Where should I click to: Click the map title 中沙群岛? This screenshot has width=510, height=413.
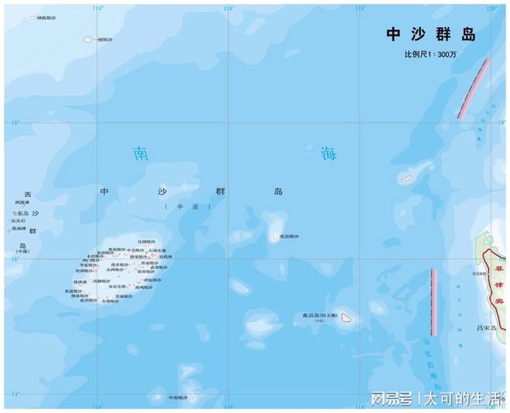click(x=430, y=35)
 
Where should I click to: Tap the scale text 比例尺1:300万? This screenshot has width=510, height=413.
click(x=436, y=55)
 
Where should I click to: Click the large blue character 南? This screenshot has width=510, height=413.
click(x=140, y=153)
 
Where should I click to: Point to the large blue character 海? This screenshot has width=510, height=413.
click(x=330, y=153)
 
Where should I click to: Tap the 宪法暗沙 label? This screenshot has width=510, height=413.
click(x=289, y=236)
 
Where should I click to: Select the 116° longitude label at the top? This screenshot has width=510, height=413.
click(x=229, y=8)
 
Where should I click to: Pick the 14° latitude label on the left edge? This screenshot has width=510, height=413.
click(x=15, y=394)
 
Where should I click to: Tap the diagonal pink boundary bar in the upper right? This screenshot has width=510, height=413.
click(x=474, y=88)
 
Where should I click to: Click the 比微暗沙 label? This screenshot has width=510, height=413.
click(x=147, y=242)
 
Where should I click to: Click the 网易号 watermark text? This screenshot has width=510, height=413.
click(x=387, y=399)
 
